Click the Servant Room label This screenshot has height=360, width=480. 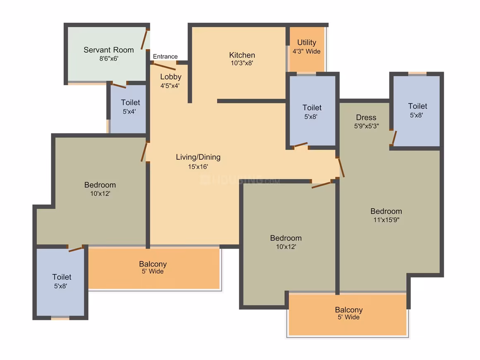pos(109,50)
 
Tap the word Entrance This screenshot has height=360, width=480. pos(165,56)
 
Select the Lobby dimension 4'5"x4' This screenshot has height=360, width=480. pos(170,86)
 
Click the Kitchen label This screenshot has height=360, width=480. pos(242,55)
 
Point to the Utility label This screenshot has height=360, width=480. pos(307,43)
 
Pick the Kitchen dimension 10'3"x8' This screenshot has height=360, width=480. pos(242,63)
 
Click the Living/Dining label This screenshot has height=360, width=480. pos(198,157)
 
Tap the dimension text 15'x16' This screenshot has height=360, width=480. pos(198,167)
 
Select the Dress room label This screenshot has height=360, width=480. pos(366,118)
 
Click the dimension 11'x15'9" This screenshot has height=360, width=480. pos(386,220)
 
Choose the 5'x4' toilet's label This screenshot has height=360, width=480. pos(130,103)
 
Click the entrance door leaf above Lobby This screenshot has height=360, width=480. pos(164,67)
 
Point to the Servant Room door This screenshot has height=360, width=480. pos(144,39)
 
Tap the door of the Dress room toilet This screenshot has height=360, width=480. pos(394,138)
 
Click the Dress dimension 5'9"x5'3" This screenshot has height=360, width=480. pos(367,126)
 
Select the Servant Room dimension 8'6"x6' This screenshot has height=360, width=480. pos(109,58)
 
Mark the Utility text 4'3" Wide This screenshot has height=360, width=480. pos(307,51)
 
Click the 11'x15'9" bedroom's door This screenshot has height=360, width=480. pos(341,168)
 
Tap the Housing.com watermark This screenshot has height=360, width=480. pos(240,180)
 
